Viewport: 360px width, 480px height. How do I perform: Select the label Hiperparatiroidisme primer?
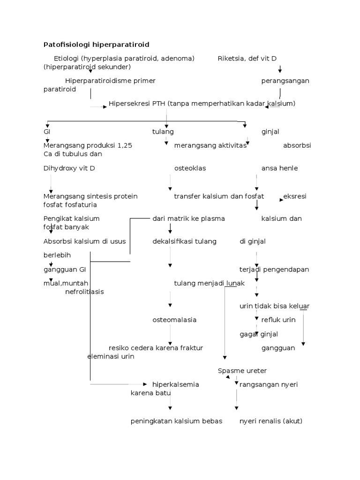point(110,81)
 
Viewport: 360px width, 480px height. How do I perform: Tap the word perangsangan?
point(285,81)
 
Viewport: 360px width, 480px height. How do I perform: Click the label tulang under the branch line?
point(163,132)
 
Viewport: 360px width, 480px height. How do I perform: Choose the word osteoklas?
point(190,168)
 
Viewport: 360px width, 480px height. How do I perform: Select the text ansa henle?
point(279,168)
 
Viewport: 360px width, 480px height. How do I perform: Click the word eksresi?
point(295,196)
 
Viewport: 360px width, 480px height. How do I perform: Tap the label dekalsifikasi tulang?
point(184,241)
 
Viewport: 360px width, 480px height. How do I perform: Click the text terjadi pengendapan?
point(274,270)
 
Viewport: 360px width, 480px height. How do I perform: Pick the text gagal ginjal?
point(259,334)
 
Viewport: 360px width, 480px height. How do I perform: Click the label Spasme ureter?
point(242,371)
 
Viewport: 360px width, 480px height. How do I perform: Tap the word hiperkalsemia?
point(176,384)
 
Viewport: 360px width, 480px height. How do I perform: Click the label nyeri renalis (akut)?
point(271,421)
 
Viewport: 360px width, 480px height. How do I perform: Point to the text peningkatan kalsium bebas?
point(176,421)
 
